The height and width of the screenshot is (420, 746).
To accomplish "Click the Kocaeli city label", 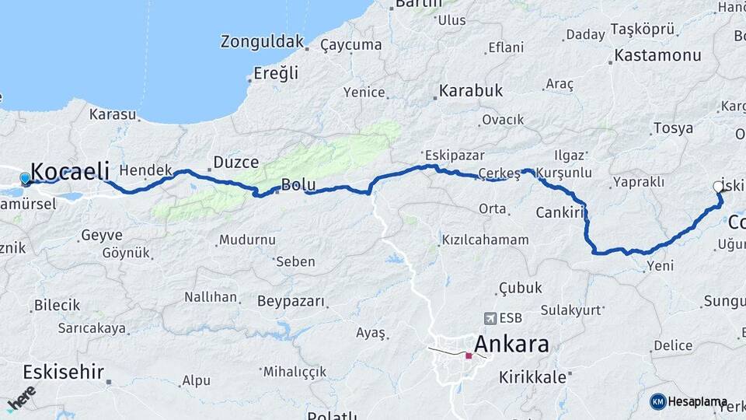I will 70,171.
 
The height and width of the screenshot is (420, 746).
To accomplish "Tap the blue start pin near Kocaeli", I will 25,179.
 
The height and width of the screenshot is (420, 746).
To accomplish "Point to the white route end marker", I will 718,187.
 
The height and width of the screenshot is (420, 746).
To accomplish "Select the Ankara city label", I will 511,344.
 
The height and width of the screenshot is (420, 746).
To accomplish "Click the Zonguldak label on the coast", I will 261,41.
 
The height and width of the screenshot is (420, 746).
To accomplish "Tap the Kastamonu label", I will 657,55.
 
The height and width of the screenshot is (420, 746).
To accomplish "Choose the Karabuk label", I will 471,91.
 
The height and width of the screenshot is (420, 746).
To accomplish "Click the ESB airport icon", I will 490,318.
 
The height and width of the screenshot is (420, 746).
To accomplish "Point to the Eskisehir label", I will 64,372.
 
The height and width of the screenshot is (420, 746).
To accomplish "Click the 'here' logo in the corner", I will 21,398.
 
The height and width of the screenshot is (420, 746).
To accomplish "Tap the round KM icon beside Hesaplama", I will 658,401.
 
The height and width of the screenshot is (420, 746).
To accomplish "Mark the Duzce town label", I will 235,163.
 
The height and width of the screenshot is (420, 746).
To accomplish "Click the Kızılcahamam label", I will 485,240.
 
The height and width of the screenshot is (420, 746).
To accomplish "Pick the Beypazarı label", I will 289,300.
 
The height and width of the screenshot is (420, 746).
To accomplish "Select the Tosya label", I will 673,128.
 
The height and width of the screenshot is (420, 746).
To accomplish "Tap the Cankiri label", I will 559,212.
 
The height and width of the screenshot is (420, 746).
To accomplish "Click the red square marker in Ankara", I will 469,356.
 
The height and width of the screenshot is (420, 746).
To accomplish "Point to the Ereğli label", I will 277,73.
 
